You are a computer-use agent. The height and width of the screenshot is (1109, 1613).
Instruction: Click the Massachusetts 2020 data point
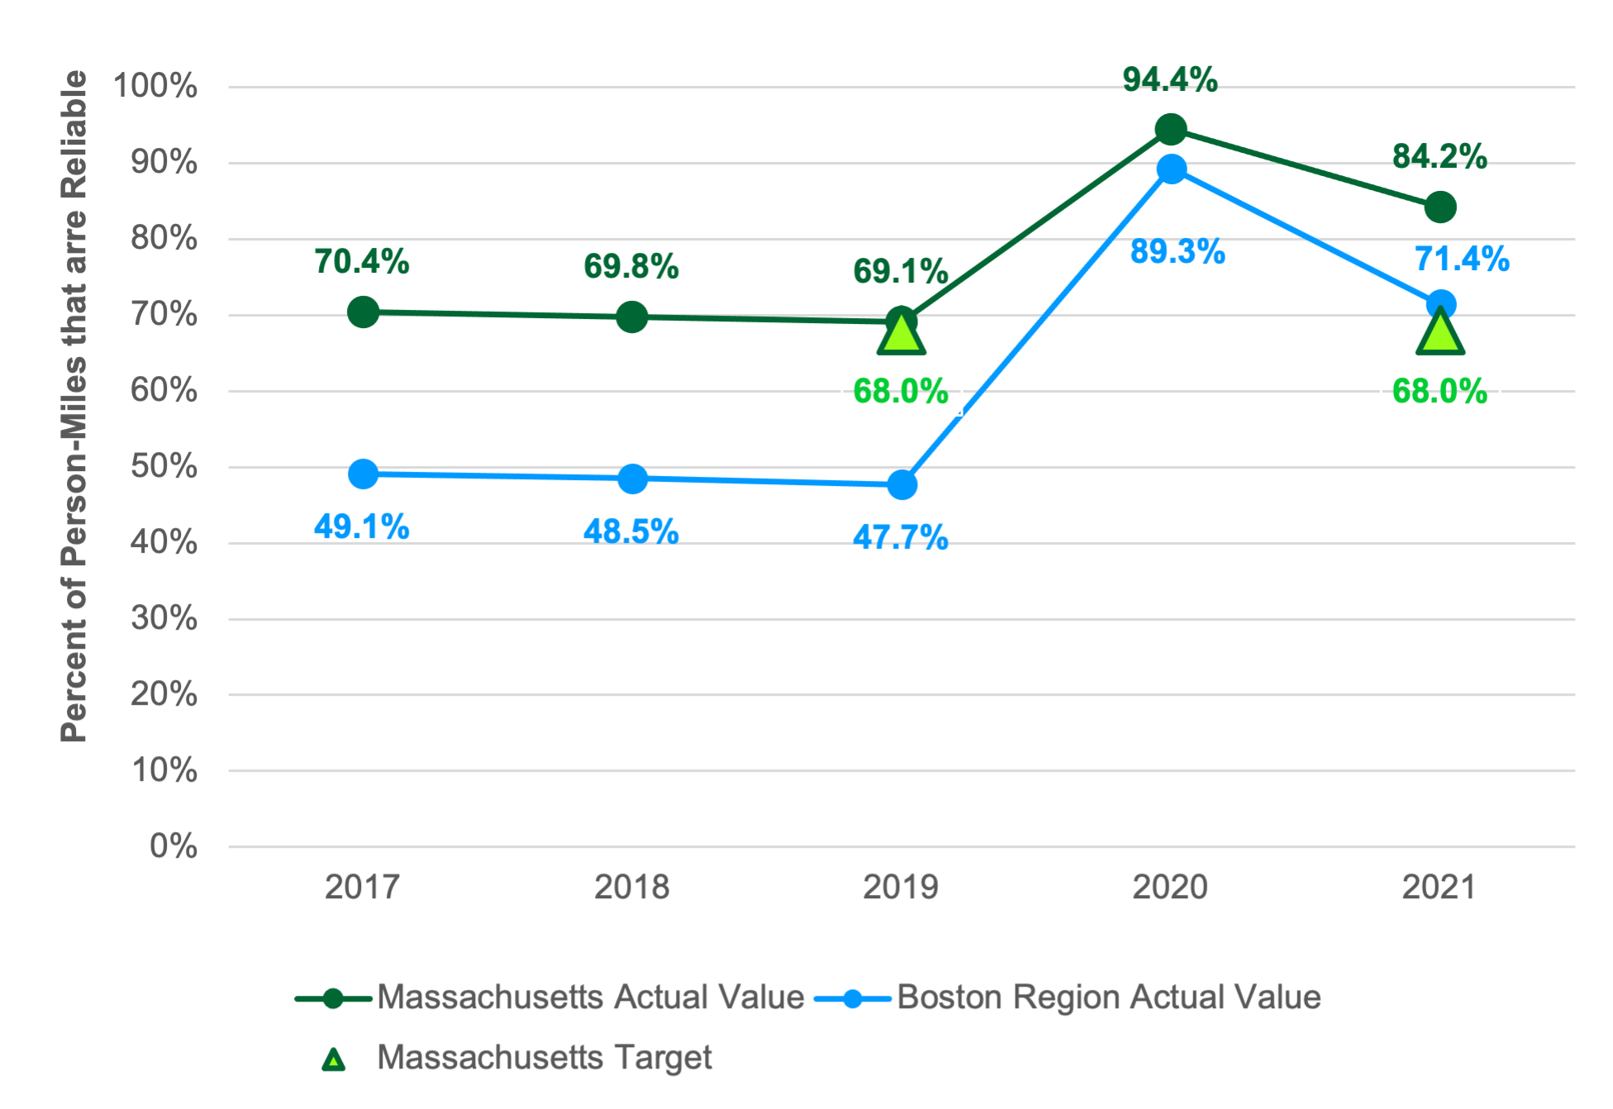point(1170,130)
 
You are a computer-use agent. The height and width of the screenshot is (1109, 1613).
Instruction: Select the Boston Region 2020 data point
point(1171,170)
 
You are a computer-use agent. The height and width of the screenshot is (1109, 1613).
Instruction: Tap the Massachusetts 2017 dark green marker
point(363,312)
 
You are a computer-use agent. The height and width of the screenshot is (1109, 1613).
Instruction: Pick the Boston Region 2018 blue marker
point(632,478)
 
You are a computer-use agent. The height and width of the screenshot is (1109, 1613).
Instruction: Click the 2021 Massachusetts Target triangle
point(1440,334)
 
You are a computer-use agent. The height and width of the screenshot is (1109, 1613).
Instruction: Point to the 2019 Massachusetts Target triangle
point(901,335)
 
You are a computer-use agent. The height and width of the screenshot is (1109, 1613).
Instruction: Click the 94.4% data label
point(1169,79)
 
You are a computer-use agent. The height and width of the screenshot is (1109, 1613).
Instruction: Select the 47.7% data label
point(900,537)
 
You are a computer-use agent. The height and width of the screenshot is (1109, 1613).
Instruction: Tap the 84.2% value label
point(1439,155)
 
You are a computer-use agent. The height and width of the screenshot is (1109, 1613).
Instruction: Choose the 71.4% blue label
point(1462,259)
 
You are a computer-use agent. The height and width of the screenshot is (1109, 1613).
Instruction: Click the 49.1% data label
point(361,526)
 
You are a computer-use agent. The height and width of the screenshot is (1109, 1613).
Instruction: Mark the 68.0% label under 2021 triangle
point(1439,391)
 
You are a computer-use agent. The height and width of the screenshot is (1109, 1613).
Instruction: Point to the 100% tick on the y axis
point(155,86)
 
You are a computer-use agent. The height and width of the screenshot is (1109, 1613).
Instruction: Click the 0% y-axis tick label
point(173,846)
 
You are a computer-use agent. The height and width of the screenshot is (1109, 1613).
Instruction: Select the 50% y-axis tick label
point(164,466)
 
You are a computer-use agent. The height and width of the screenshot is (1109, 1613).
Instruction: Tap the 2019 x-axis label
point(900,887)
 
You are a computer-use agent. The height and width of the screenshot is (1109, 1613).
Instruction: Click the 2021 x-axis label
point(1439,887)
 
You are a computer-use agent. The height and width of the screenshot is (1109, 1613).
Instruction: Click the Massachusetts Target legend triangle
point(333,1059)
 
